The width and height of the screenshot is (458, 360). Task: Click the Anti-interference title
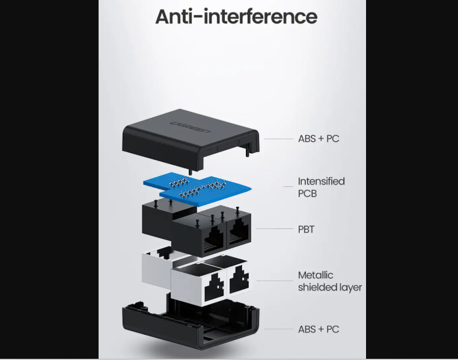(236, 17)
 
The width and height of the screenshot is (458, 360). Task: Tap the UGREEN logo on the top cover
(190, 127)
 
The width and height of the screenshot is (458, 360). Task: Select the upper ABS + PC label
(319, 139)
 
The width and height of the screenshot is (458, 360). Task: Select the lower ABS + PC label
(319, 329)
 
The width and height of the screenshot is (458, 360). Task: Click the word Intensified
(322, 182)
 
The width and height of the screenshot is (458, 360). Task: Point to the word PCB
(307, 194)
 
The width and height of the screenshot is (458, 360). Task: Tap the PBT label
(306, 230)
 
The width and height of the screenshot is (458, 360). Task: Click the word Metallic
(316, 275)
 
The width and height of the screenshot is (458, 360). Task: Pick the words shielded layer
(330, 287)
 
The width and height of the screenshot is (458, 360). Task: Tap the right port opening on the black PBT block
(239, 232)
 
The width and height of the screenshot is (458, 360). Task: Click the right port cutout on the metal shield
(239, 280)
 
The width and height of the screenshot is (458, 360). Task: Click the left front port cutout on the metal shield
(215, 287)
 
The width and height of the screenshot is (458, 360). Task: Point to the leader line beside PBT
(275, 229)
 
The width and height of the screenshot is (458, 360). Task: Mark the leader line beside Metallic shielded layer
(275, 281)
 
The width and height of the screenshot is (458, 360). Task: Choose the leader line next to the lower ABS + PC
(279, 329)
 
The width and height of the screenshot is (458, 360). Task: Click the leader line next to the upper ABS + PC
(279, 139)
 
